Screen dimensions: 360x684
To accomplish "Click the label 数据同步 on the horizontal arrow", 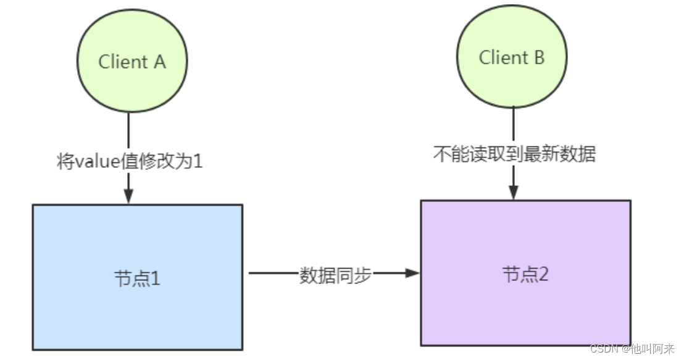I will tap(335, 274).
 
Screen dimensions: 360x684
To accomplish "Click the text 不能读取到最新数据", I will tap(514, 154).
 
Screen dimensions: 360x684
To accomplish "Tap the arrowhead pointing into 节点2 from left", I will tap(414, 273).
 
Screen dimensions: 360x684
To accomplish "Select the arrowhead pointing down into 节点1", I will tap(128, 197).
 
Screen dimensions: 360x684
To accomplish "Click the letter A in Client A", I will tap(159, 62).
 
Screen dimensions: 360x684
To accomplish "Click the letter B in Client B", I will tap(538, 58).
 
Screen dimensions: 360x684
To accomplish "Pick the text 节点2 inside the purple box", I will tap(525, 274).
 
